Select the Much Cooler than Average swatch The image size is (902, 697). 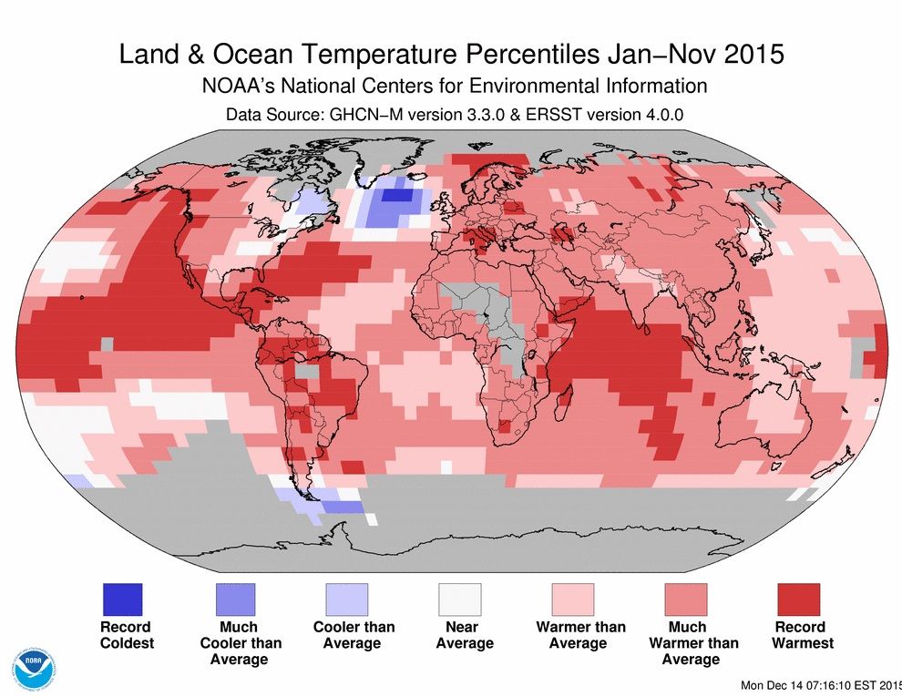click(x=233, y=599)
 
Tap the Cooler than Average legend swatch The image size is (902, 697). click(x=346, y=599)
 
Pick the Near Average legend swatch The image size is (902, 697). click(x=460, y=599)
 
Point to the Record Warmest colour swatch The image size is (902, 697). click(x=798, y=599)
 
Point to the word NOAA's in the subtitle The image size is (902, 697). click(x=236, y=87)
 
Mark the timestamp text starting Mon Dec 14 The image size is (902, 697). click(x=821, y=685)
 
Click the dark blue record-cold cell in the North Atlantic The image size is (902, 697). click(x=395, y=194)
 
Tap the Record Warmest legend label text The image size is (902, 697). click(x=803, y=635)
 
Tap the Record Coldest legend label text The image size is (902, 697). click(x=126, y=635)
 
